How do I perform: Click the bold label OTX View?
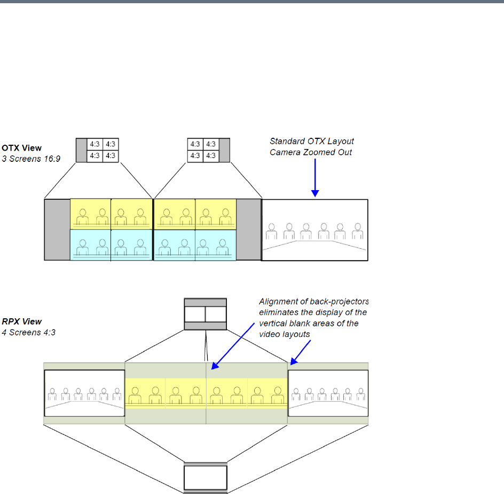pyautogui.click(x=21, y=148)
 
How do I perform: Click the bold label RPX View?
pyautogui.click(x=21, y=322)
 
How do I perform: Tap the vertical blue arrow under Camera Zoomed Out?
pyautogui.click(x=314, y=176)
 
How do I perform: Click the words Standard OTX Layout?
pyautogui.click(x=312, y=142)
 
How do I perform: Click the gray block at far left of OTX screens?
pyautogui.click(x=57, y=230)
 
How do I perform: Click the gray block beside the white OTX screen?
pyautogui.click(x=248, y=230)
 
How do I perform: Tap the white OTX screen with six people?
pyautogui.click(x=314, y=230)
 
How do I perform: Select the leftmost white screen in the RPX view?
pyautogui.click(x=84, y=394)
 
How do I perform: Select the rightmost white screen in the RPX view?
pyautogui.click(x=328, y=394)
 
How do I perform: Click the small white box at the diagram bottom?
pyautogui.click(x=206, y=478)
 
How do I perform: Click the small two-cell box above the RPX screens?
pyautogui.click(x=206, y=314)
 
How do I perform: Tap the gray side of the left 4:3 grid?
pyautogui.click(x=81, y=150)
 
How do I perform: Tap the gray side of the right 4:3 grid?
pyautogui.click(x=224, y=150)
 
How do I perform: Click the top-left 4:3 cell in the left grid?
pyautogui.click(x=94, y=144)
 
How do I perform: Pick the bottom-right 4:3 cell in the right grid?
pyautogui.click(x=211, y=155)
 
